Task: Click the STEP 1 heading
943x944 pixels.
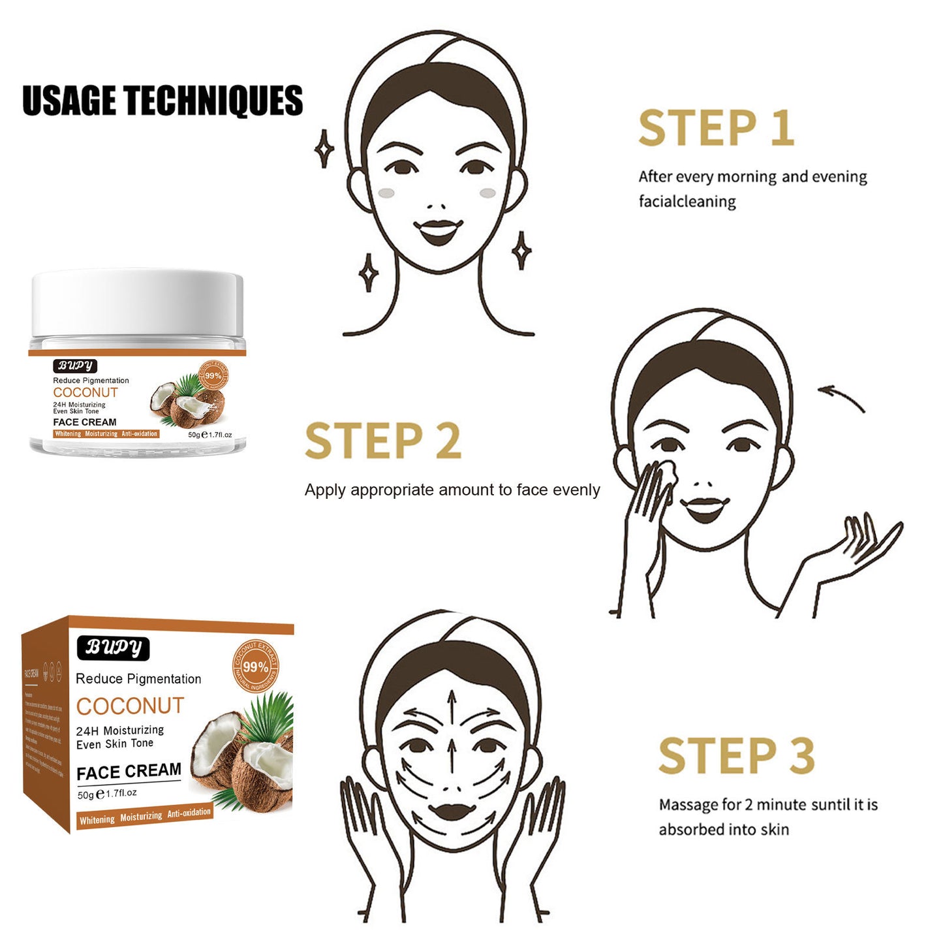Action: coord(716,128)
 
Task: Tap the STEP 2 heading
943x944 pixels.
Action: coord(383,441)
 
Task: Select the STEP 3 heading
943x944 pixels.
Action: coord(737,756)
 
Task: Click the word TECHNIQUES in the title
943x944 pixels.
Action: coord(213,101)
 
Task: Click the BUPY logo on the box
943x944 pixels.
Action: coord(114,647)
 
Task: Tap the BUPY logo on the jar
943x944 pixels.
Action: coord(75,366)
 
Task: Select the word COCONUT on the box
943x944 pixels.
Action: coord(131,706)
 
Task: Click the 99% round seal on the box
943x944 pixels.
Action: coord(255,667)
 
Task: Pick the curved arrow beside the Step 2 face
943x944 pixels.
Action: coord(841,398)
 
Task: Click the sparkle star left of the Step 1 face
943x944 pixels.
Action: coord(324,149)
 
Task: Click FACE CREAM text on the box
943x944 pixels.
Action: coord(129,772)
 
